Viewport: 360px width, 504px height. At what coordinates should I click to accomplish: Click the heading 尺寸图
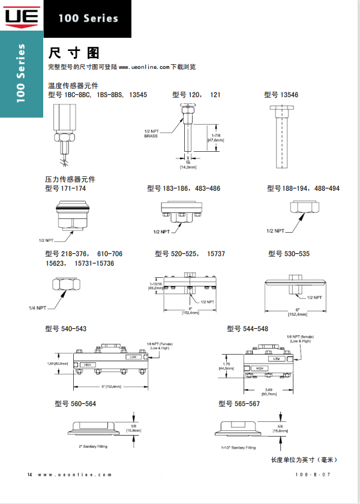pos(74,52)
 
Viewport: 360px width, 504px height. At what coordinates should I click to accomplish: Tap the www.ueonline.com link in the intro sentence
pos(144,67)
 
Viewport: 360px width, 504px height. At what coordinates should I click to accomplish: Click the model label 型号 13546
pos(281,95)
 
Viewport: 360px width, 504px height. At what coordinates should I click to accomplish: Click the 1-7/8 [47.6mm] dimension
pos(215,138)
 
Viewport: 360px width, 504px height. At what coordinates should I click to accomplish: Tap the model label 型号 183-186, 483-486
pos(184,188)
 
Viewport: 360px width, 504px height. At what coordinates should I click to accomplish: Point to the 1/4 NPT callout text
pos(37,308)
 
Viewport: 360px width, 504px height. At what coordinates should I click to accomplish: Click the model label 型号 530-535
pos(289,254)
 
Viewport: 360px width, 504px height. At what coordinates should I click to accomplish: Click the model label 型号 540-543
pos(65,329)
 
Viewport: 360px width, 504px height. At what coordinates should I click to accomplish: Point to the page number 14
pos(29,475)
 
